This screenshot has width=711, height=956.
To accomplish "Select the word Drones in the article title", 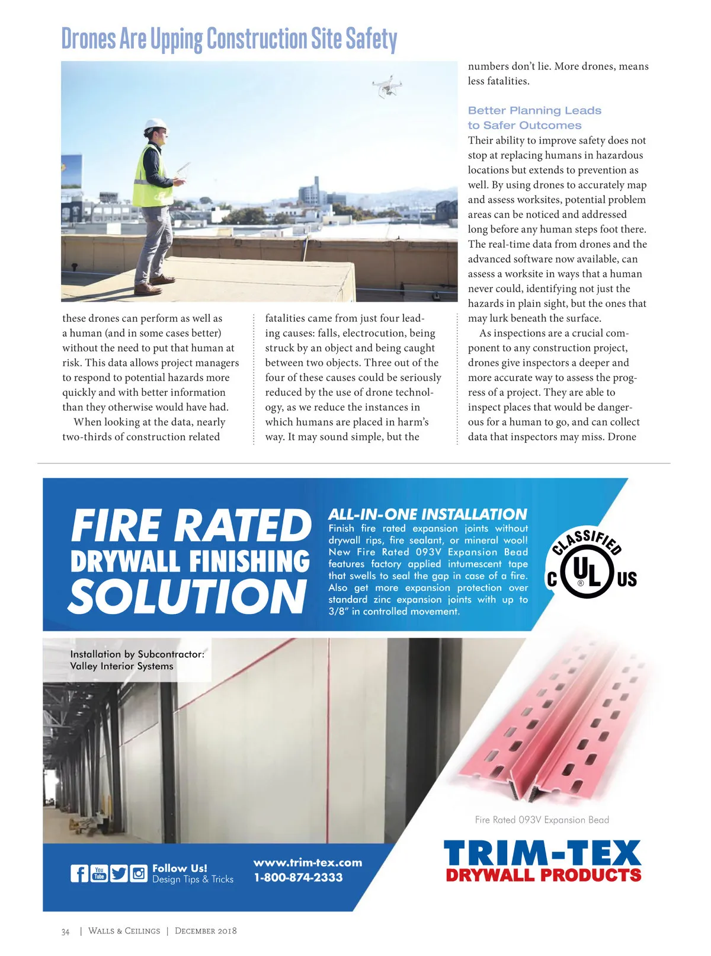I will (x=89, y=39).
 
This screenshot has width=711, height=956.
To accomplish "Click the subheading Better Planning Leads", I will (x=534, y=111).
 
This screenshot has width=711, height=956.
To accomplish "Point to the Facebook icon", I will (x=79, y=873).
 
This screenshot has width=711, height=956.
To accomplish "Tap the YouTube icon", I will (x=99, y=873).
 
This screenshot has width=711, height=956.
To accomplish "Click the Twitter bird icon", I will (x=118, y=873).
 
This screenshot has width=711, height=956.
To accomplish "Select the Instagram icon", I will (x=139, y=873).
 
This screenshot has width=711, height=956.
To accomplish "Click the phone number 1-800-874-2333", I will (x=298, y=878).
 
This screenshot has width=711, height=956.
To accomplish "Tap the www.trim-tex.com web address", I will (x=308, y=863).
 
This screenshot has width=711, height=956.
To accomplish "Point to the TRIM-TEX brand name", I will (x=542, y=854).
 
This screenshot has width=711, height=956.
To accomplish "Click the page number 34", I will (x=65, y=932).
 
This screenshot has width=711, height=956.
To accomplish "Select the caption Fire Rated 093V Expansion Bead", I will (x=542, y=820).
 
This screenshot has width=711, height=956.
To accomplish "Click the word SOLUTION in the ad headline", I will (x=188, y=596).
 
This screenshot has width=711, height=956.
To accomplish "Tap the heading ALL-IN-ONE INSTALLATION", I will (x=427, y=514).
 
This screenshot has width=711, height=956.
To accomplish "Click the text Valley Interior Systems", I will (x=121, y=666).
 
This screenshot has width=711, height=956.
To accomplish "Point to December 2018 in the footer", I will (x=206, y=931).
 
